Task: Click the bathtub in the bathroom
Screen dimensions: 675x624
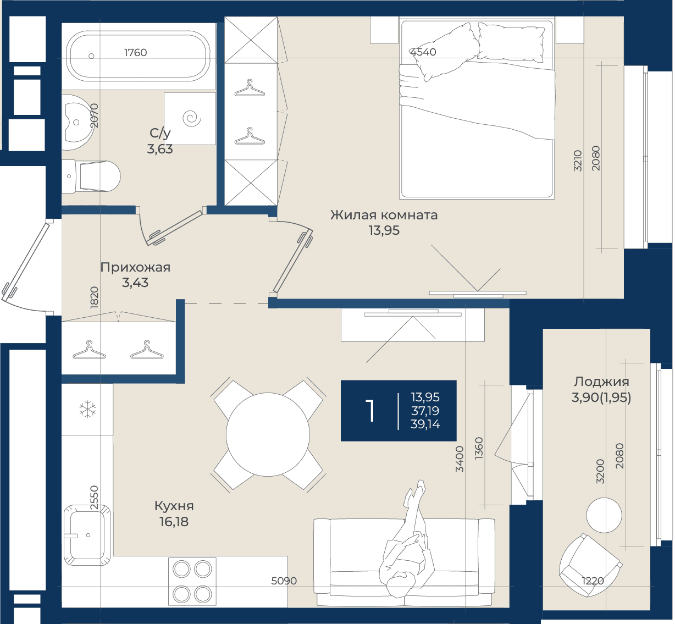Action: coord(139,56)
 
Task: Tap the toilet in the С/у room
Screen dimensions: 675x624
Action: coord(91,176)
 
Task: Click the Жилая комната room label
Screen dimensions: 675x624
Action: coord(384,215)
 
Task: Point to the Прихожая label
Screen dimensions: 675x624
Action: coord(135,267)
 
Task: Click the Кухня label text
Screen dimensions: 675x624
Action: coord(174,506)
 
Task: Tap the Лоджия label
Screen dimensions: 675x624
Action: coord(601,382)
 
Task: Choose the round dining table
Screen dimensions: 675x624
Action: coord(268,434)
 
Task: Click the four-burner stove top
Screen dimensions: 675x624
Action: coord(192,582)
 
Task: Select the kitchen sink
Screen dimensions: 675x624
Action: coord(87,535)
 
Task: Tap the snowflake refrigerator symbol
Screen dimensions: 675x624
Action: coord(88,409)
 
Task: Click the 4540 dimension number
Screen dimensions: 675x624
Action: coord(423,52)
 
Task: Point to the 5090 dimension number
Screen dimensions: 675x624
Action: coord(284,581)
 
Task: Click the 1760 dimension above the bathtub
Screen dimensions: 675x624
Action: coord(136,52)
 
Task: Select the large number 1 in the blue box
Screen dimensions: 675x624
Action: coord(370,411)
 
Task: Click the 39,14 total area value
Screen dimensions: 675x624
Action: coord(425,424)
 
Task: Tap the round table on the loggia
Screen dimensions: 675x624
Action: coord(604,515)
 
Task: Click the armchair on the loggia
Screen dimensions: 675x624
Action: coord(590,565)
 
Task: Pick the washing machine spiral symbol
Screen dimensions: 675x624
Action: coord(192,119)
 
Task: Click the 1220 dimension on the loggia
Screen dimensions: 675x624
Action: coord(593,581)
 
